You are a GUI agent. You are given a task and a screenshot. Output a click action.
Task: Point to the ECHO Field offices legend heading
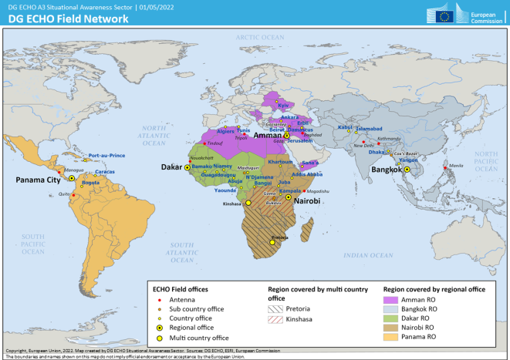click(178, 288)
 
